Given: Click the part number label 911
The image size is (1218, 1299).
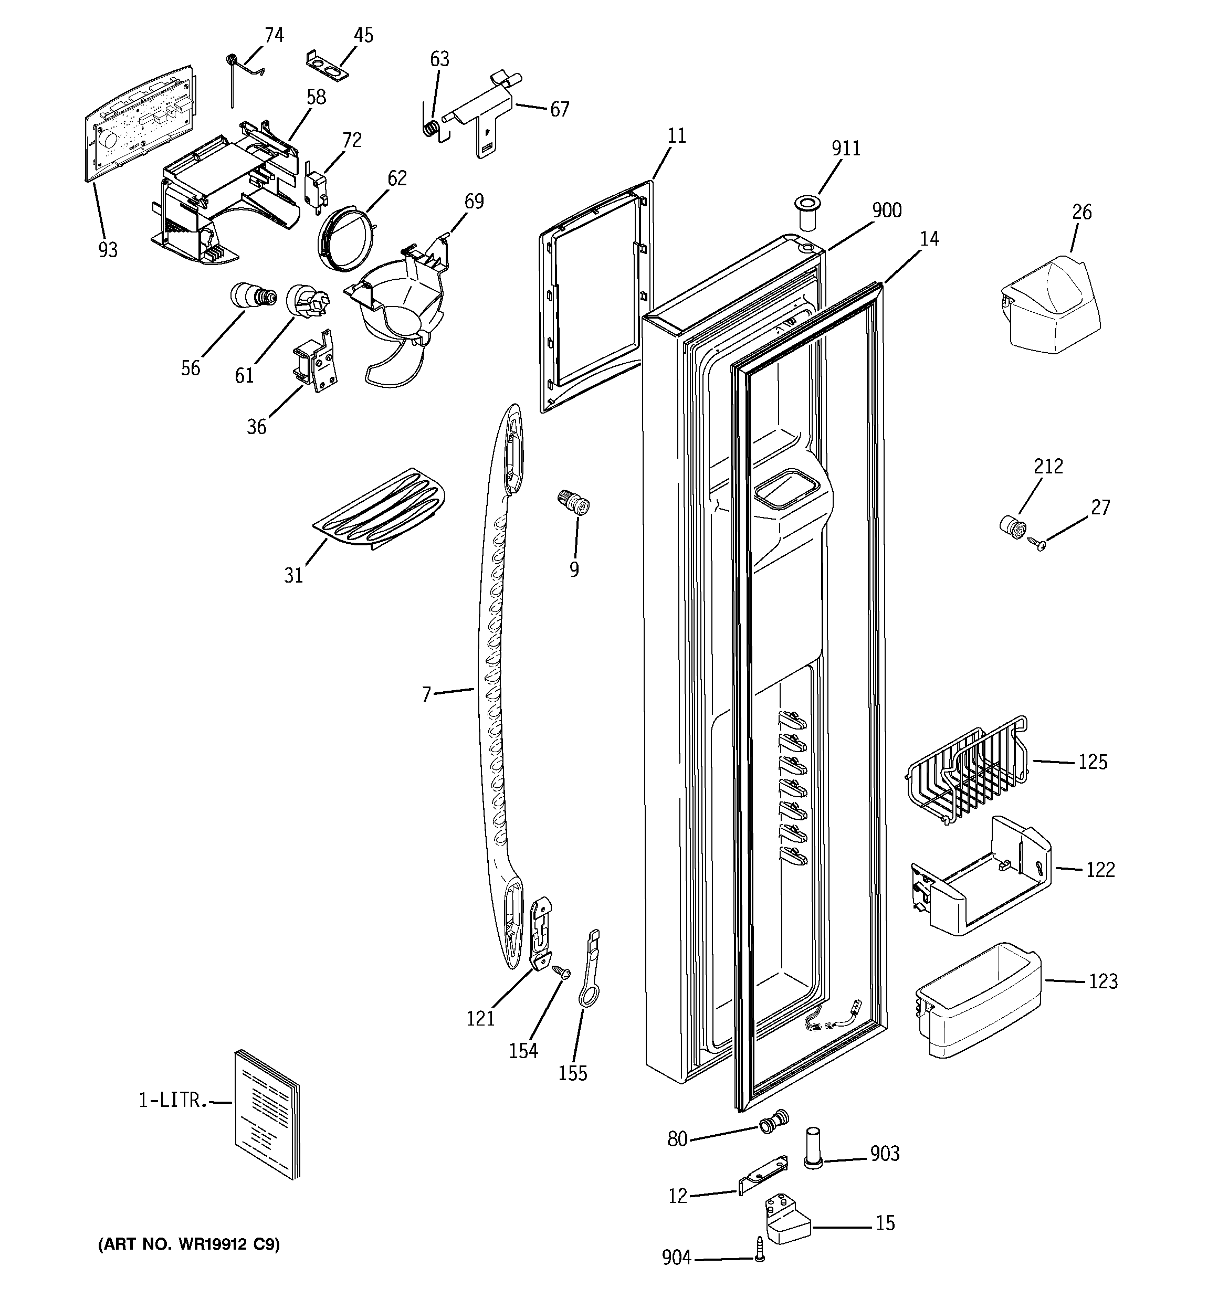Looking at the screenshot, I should point(845,149).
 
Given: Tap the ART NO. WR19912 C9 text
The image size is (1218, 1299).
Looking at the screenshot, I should point(189,1245).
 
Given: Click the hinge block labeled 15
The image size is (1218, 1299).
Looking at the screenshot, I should point(786,1219).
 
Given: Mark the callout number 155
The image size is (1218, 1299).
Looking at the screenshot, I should point(572,1073).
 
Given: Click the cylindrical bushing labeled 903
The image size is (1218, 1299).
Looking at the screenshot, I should point(813,1167).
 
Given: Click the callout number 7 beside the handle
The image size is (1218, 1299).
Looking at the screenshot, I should point(426,694).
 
